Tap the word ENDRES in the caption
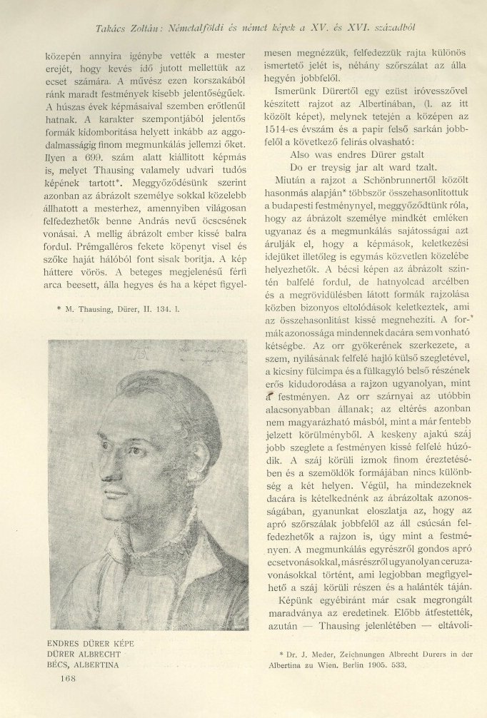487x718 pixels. (x=65, y=643)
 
